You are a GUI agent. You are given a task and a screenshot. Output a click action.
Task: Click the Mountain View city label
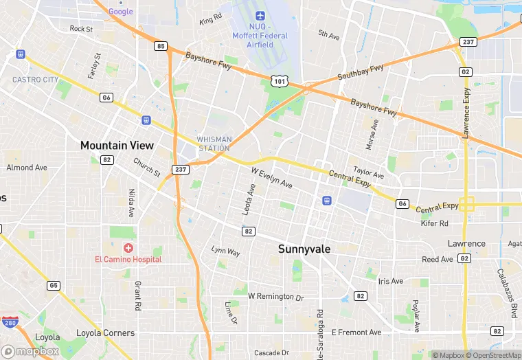click(117, 146)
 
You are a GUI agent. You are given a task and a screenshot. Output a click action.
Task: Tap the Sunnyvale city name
click(304, 249)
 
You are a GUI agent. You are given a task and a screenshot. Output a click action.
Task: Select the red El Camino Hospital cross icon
click(128, 247)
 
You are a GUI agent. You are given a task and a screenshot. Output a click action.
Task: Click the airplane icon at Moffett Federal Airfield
click(260, 16)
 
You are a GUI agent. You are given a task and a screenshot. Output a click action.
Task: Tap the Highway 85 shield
click(161, 46)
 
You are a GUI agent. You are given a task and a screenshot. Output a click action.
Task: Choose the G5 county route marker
click(53, 285)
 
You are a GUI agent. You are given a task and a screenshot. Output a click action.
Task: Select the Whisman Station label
click(214, 144)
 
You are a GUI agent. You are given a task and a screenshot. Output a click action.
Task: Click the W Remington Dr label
click(275, 297)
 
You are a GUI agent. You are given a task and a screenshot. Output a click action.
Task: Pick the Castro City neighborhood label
click(35, 80)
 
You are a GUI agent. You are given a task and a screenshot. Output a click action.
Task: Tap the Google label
click(120, 12)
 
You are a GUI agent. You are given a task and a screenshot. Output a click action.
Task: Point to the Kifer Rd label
click(434, 223)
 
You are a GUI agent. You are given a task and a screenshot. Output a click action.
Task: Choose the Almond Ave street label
click(27, 168)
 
